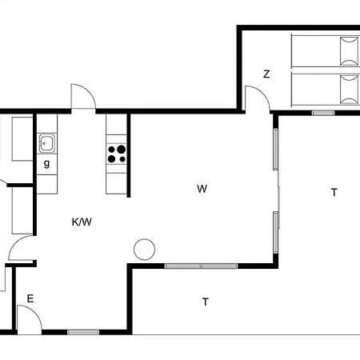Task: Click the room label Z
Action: point(266,74)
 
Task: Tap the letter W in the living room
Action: point(202,190)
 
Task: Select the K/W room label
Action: point(82,222)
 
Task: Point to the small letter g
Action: point(46,164)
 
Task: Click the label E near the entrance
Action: point(30,298)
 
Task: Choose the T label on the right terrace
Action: point(334,192)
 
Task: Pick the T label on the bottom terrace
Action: point(206,302)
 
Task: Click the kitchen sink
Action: point(46,144)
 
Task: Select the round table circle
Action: point(144,250)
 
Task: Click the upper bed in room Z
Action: point(324,51)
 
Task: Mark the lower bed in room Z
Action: point(324,87)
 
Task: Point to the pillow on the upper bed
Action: point(349,51)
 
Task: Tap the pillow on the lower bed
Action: point(349,87)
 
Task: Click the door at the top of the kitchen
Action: point(82,97)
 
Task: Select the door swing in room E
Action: point(29,322)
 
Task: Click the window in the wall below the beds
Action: point(323,113)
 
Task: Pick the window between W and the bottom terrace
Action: point(201,266)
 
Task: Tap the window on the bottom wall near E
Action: point(83,332)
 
